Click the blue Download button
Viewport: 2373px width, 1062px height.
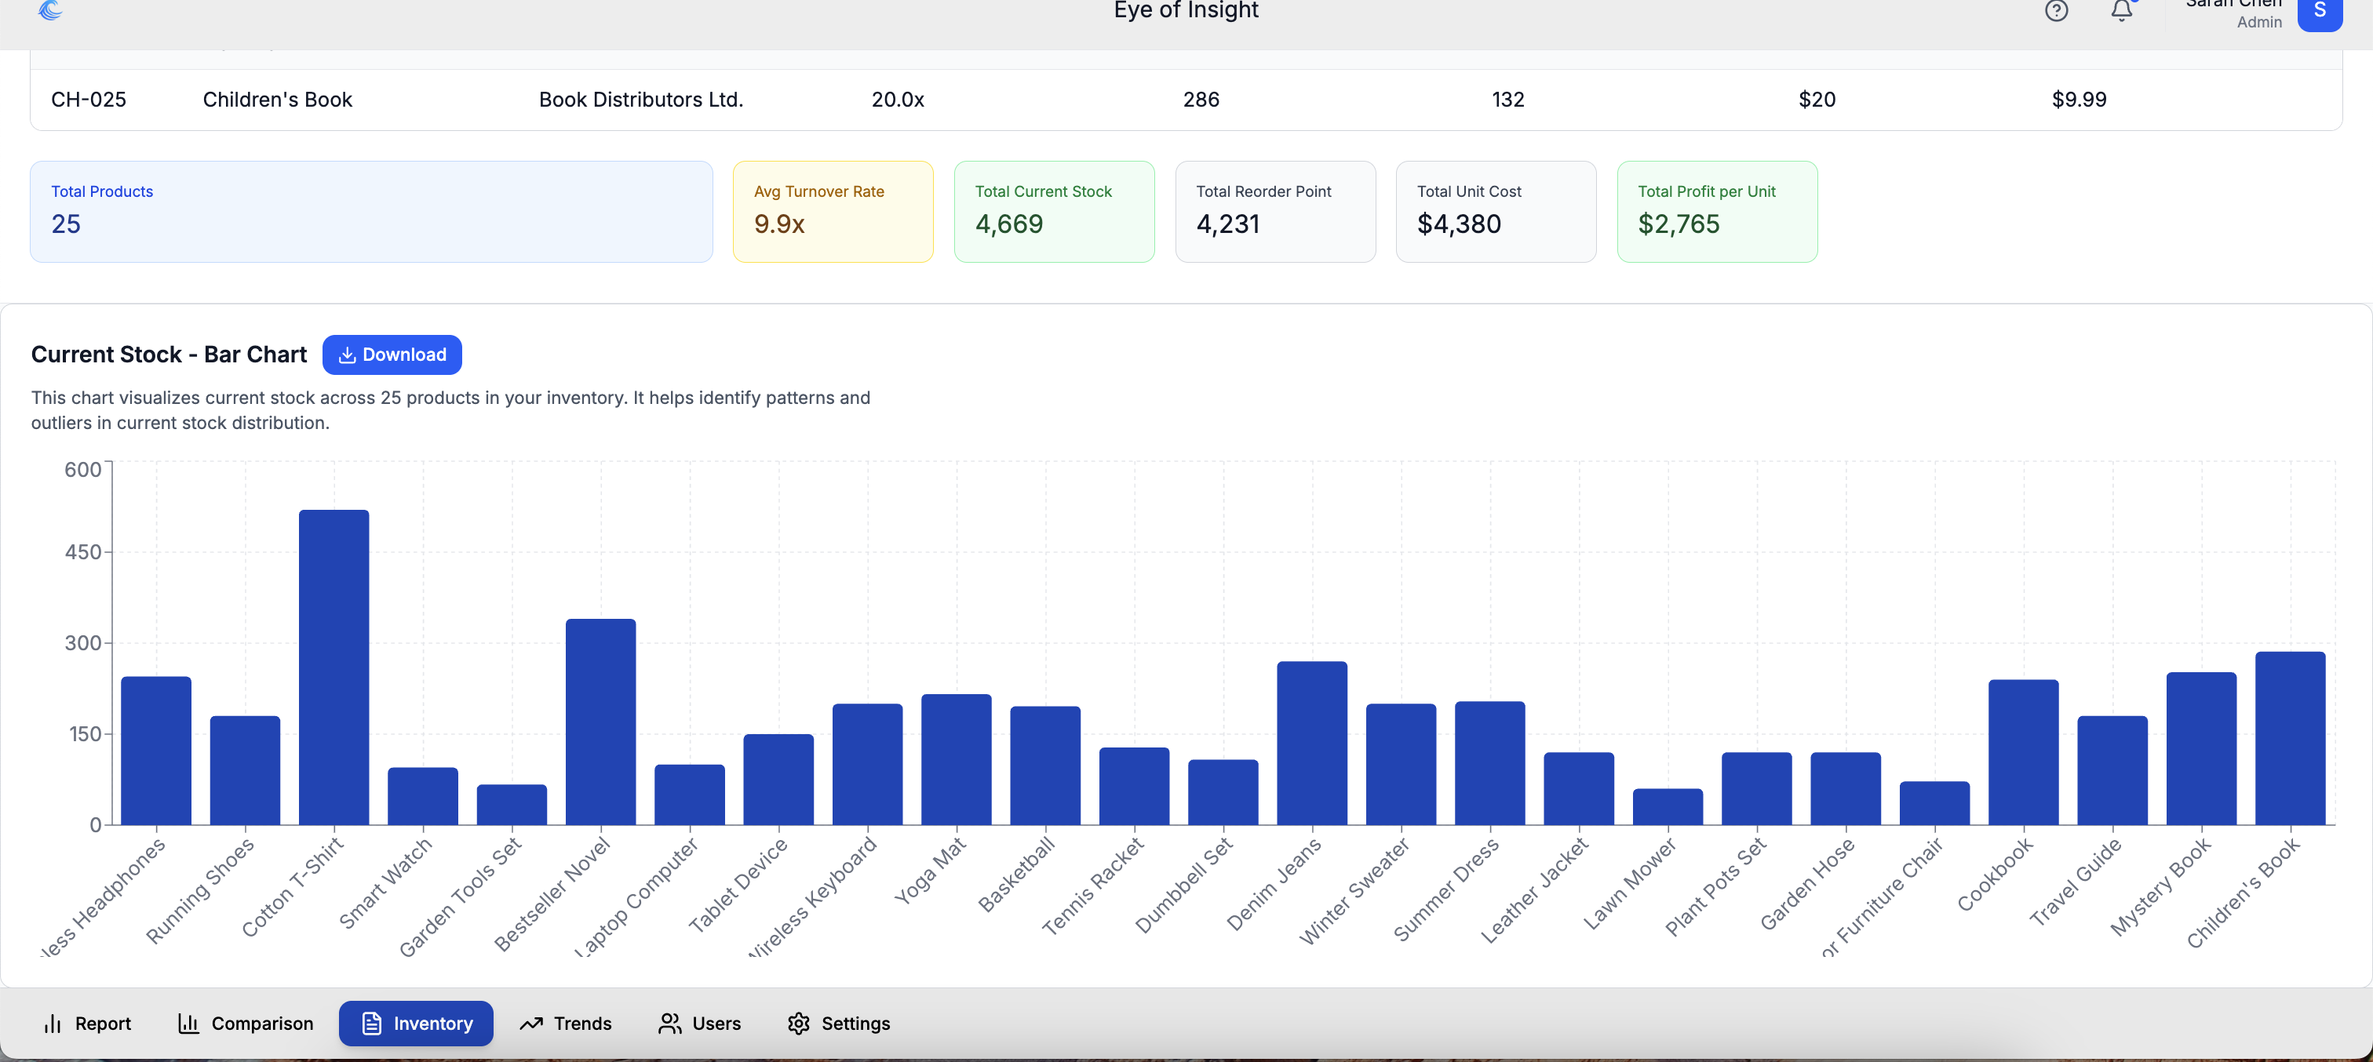(x=392, y=355)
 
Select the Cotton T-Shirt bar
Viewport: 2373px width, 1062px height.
(x=334, y=667)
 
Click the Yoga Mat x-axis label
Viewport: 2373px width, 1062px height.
(x=931, y=871)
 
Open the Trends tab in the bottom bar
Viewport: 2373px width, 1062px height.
(x=566, y=1024)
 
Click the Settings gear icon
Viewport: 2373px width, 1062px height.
(x=799, y=1024)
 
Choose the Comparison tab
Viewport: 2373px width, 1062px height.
(x=245, y=1024)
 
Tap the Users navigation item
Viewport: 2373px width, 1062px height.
(x=699, y=1024)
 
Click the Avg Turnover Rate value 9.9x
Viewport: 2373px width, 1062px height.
(x=779, y=224)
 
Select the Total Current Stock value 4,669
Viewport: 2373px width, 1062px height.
(x=1008, y=224)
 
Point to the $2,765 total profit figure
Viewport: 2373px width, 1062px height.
(x=1679, y=224)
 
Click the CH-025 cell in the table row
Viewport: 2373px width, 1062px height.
(x=89, y=100)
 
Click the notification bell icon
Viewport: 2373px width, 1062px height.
(x=2122, y=11)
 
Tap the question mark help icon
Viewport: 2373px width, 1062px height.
(x=2056, y=11)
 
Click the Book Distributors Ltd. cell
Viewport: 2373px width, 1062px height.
(x=640, y=100)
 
